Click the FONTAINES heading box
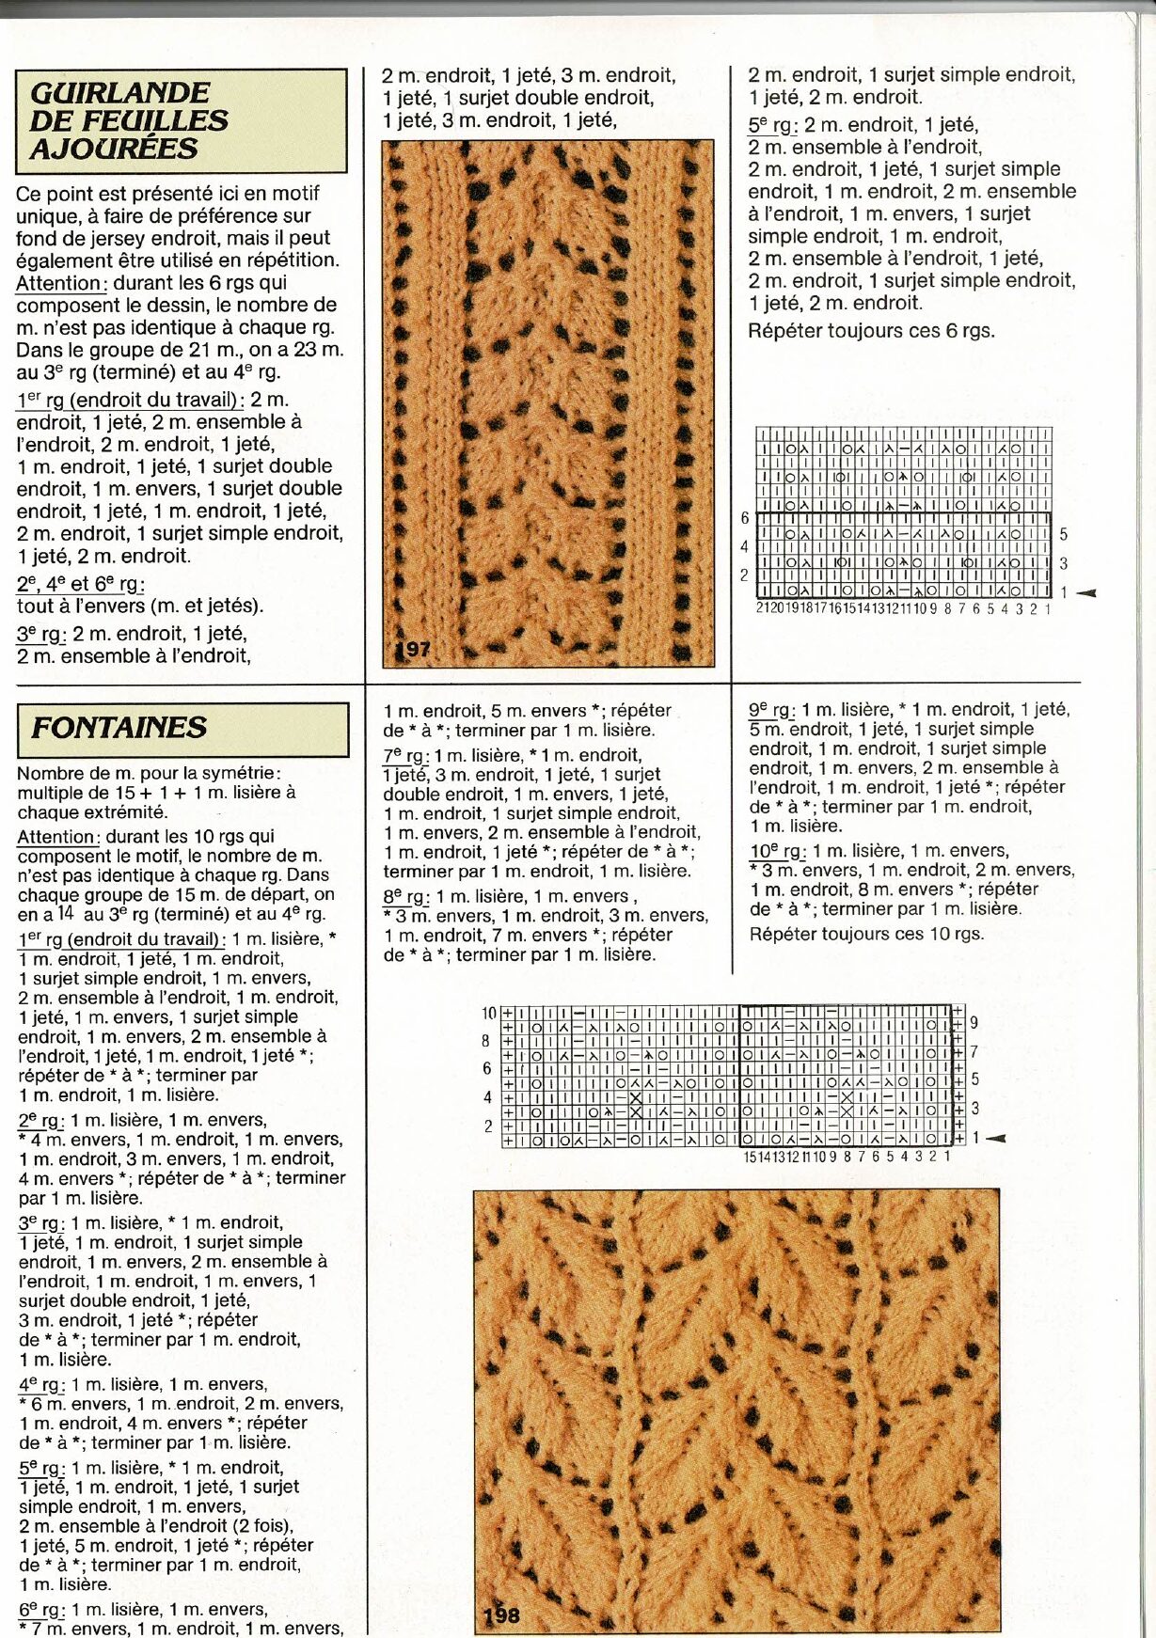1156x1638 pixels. [182, 729]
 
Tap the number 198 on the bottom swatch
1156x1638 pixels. [501, 1615]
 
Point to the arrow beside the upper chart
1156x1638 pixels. [1085, 592]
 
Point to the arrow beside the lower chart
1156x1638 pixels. [995, 1139]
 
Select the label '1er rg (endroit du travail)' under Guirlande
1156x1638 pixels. [130, 400]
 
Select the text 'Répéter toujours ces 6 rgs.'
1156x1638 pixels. [870, 331]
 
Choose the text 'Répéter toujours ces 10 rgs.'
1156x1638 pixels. [866, 934]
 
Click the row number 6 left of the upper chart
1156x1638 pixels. [745, 518]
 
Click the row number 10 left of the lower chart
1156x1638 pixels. [488, 1013]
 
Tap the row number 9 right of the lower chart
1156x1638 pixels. [974, 1022]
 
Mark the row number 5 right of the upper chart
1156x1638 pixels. [1064, 534]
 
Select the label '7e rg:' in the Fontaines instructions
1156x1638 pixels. [405, 755]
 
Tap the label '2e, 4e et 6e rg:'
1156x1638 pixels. [80, 584]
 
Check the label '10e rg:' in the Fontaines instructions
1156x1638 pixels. [776, 851]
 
